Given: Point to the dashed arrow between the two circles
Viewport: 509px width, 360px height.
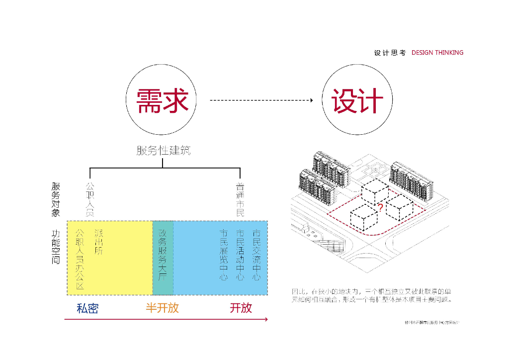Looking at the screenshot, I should coord(261,100).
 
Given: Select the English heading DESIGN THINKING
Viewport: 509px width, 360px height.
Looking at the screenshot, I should coord(437,53).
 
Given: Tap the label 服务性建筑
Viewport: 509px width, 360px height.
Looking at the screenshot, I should coord(164,150).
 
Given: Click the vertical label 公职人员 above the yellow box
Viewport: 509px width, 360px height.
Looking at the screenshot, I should coord(90,199).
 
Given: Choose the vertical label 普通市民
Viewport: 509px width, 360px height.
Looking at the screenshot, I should coord(240,199).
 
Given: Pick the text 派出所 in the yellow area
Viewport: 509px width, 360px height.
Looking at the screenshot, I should coord(99,242).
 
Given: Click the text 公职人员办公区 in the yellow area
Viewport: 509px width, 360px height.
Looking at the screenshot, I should coord(80,259).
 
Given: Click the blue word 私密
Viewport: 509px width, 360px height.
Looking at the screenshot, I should coord(87,308).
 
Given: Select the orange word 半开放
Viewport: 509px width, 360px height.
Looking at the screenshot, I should coord(162,308).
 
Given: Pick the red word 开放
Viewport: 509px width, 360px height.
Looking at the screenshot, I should coord(241,308).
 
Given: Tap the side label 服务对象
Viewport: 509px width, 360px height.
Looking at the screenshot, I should coord(56,199).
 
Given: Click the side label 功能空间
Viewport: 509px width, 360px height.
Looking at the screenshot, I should coord(56,247).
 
